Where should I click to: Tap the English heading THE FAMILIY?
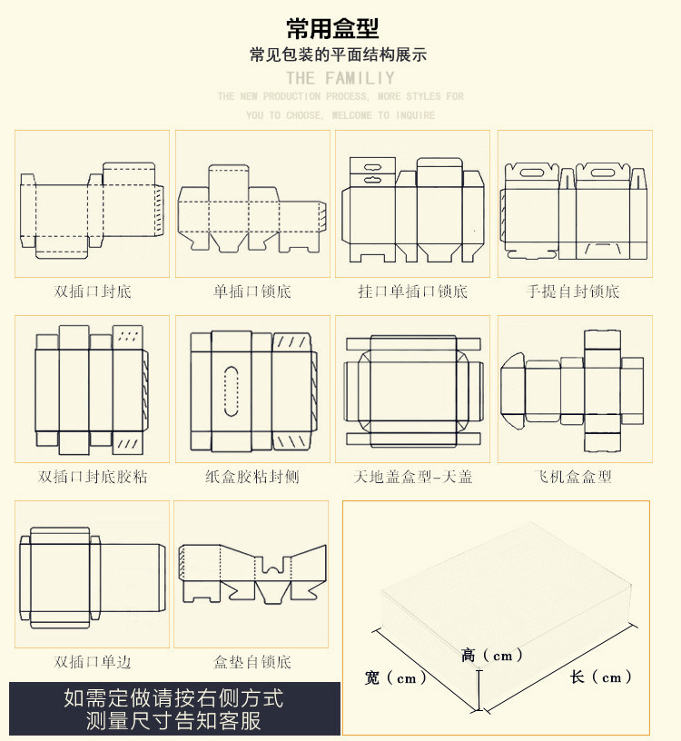point(340,78)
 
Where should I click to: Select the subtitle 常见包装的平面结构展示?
point(339,54)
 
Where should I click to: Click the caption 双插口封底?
point(93,291)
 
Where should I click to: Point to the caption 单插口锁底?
point(252,291)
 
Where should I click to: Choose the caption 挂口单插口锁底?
point(412,291)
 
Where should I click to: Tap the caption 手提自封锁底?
point(574,291)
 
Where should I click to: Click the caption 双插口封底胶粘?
point(93,477)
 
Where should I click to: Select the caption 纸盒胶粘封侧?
point(252,477)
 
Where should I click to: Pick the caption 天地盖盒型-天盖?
point(412,477)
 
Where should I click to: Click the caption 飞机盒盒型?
point(574,477)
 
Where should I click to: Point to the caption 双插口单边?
point(93,662)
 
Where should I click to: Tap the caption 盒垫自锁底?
point(252,662)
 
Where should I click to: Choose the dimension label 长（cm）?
point(601,677)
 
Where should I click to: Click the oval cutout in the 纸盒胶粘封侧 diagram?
point(232,393)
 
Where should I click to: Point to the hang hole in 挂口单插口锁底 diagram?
point(372,167)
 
